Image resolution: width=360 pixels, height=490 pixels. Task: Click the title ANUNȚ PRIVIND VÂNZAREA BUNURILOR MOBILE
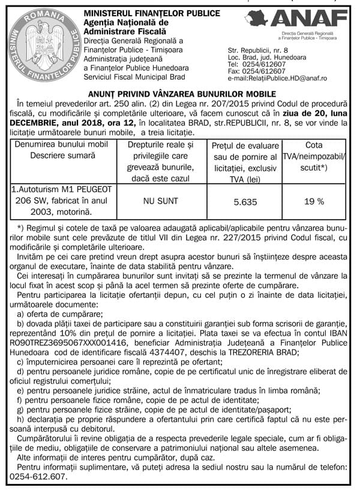pos(181,94)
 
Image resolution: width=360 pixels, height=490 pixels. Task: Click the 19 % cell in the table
pos(314,204)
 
